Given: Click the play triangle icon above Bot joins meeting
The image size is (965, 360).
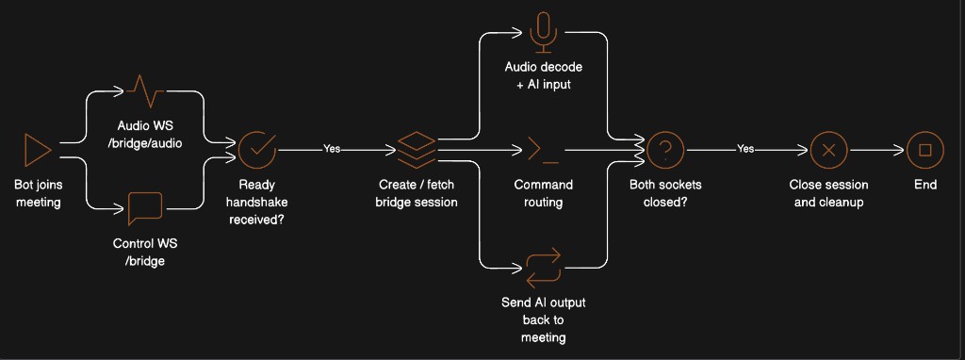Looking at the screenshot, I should click(x=37, y=149).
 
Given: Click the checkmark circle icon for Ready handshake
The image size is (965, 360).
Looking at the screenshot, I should click(x=256, y=149).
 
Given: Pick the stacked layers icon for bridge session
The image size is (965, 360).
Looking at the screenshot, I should click(x=417, y=149).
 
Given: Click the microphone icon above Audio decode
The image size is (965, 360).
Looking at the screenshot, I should click(x=543, y=30).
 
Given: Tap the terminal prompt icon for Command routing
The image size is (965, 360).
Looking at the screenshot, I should click(x=543, y=149).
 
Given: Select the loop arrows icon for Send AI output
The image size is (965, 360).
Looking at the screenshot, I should click(x=543, y=267).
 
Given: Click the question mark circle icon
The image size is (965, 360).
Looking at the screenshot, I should click(x=665, y=149).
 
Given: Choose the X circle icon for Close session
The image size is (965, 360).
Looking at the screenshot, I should click(x=828, y=149).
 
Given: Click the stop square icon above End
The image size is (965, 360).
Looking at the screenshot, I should click(x=924, y=149).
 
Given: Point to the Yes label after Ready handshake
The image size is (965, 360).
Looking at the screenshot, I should click(x=332, y=149).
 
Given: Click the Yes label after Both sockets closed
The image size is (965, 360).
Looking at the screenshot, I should click(x=745, y=149).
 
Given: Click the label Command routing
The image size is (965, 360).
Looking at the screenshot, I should click(x=543, y=193).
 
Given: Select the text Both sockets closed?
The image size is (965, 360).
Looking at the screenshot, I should click(x=665, y=193).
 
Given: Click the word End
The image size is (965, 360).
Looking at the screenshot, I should click(x=924, y=185).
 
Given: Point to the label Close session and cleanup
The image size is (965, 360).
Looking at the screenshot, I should click(x=828, y=193).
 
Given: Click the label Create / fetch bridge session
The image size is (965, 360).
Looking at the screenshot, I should click(x=417, y=193).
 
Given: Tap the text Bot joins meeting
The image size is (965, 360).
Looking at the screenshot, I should click(x=38, y=193).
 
